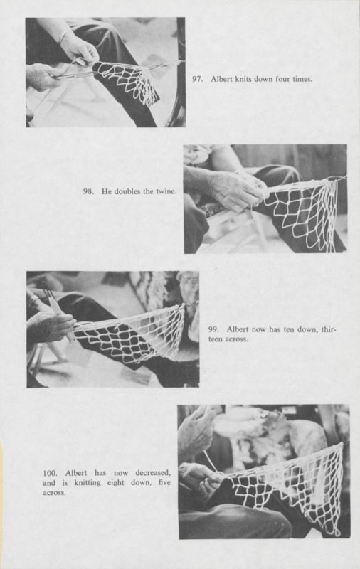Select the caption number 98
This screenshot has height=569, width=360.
89,193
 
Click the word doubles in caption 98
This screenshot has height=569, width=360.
126,193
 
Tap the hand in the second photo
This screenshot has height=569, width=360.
231,188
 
